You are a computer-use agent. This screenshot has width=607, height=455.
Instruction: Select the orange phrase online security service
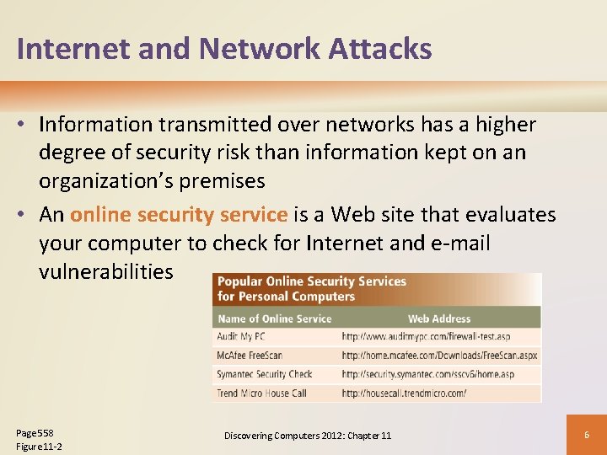(x=179, y=215)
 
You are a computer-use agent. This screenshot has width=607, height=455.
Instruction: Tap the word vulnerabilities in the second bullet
(x=106, y=271)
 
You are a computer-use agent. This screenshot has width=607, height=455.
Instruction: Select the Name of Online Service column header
(x=274, y=318)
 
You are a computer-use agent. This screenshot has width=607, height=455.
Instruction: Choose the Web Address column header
(x=439, y=318)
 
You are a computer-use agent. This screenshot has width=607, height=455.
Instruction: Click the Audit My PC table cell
(x=241, y=336)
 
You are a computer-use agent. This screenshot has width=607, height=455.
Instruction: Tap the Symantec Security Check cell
(x=264, y=374)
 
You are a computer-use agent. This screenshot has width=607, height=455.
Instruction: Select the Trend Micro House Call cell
(x=261, y=393)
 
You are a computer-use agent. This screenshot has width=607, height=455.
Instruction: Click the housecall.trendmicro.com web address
(x=404, y=393)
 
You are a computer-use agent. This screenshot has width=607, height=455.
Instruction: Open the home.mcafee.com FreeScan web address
(x=438, y=356)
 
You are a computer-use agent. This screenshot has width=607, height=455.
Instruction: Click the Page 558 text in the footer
(x=35, y=432)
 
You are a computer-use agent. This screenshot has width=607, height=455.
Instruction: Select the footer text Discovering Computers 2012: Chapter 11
(x=308, y=436)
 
